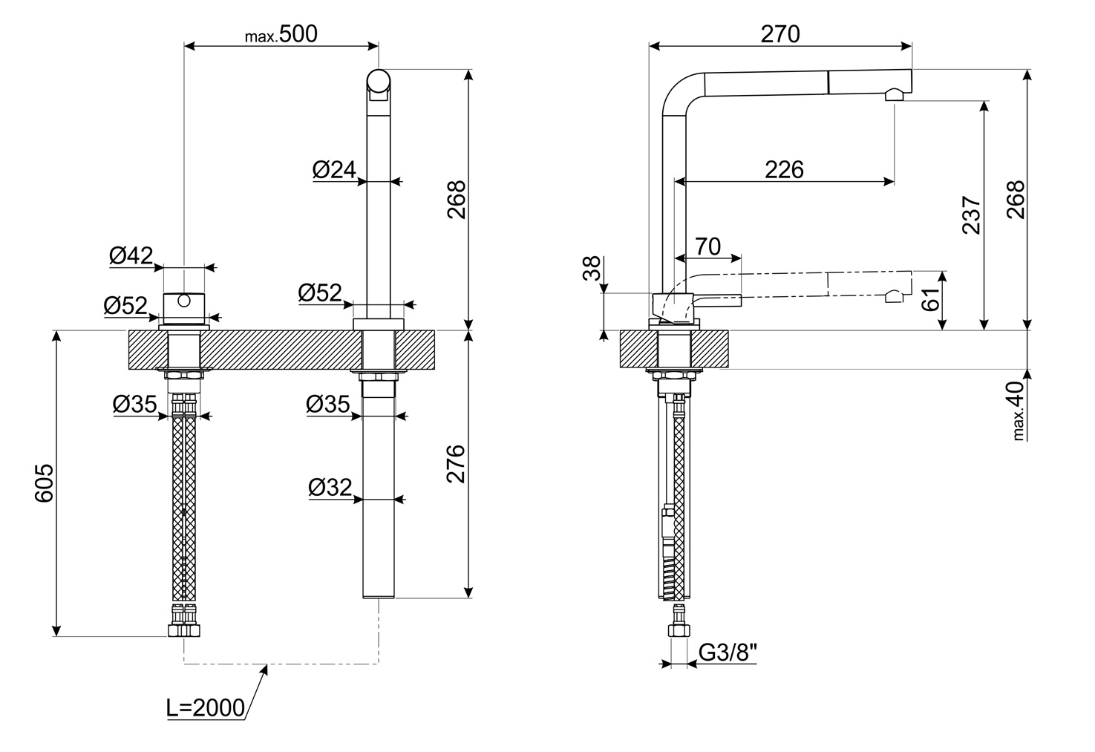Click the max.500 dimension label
point(281,34)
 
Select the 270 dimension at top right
point(780,34)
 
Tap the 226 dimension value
point(784,170)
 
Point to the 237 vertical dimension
point(971,215)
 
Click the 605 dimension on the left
point(45,483)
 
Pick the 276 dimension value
point(456,464)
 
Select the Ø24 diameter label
point(334,170)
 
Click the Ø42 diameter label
point(131,255)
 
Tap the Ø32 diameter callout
point(330,488)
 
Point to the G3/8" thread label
point(728,653)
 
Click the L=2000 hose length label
point(206,708)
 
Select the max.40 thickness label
point(1018,411)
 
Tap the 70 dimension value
point(707,247)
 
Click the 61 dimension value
point(931,299)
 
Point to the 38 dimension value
point(592,268)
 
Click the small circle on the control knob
point(184,301)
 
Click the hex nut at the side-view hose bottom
point(679,630)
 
